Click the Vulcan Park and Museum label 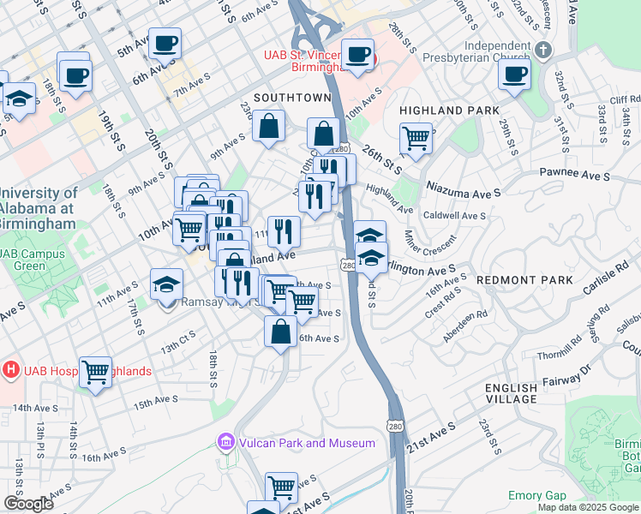coord(306,443)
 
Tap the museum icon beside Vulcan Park coord(226,442)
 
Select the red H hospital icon coord(11,371)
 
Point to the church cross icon coord(542,50)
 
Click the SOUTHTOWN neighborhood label coord(286,97)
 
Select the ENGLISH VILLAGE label coord(512,393)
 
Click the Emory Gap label coord(537,496)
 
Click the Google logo coord(27,504)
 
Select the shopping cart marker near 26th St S coord(416,137)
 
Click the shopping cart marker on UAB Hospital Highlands coord(95,372)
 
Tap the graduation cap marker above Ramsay coord(167,284)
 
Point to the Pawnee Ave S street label coord(574,173)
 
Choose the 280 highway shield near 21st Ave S coord(395,426)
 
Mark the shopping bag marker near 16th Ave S coord(281,331)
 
